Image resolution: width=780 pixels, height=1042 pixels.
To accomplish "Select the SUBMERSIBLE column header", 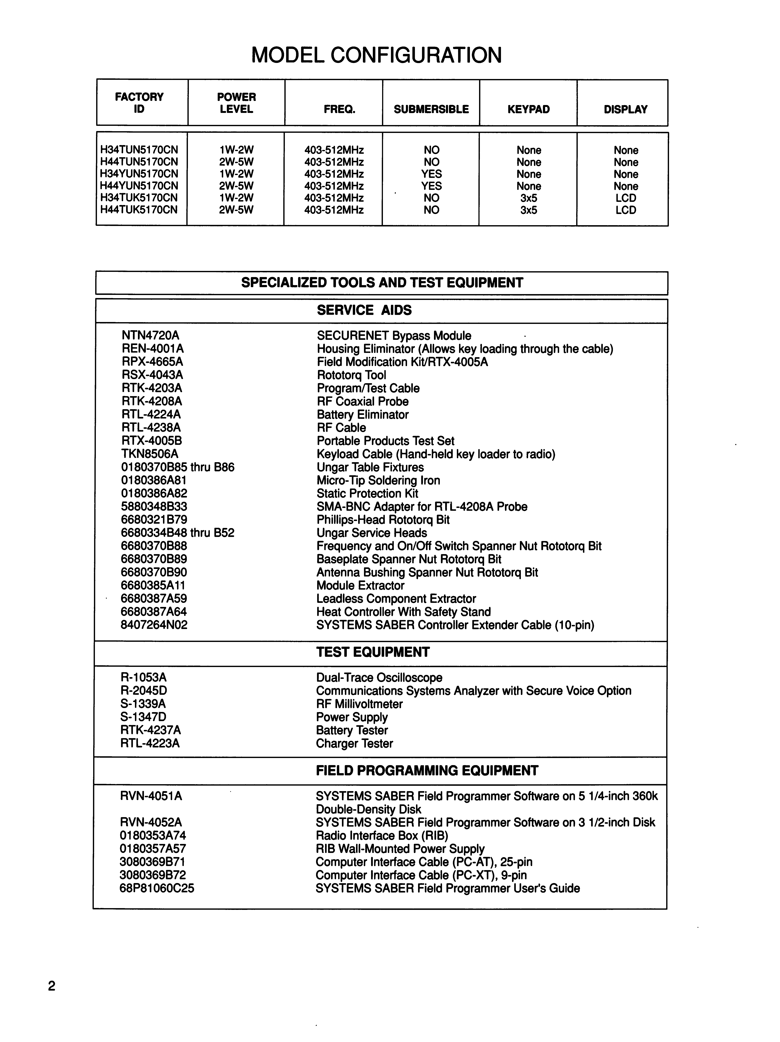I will (x=431, y=109).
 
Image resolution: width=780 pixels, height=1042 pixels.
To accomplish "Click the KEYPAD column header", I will (x=528, y=109).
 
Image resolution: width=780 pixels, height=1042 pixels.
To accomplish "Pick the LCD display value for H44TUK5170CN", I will (x=626, y=210).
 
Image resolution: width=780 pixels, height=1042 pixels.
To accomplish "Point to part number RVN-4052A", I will (x=151, y=822).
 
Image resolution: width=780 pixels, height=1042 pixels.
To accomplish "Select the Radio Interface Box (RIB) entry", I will (x=381, y=836).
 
